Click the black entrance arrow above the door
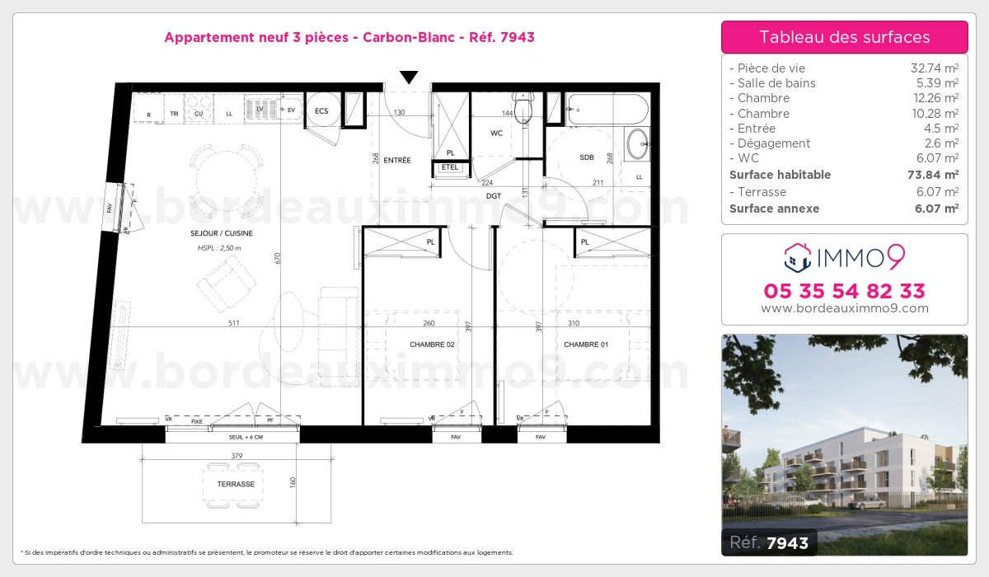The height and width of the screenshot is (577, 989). point(409,77)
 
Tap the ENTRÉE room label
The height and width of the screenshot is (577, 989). point(397,160)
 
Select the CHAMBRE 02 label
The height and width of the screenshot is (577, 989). point(432,345)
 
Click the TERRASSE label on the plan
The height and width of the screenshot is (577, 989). point(236,484)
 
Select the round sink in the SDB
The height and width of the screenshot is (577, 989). point(638,145)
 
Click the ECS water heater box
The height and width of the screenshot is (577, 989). point(321,110)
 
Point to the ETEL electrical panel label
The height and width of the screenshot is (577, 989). point(449,167)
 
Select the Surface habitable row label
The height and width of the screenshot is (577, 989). point(780,175)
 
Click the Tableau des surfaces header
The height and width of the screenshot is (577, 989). point(844,37)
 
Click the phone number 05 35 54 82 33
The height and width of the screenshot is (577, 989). point(844,291)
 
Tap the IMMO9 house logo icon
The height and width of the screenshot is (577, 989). point(796,258)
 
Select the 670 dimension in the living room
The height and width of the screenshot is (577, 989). point(279,258)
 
